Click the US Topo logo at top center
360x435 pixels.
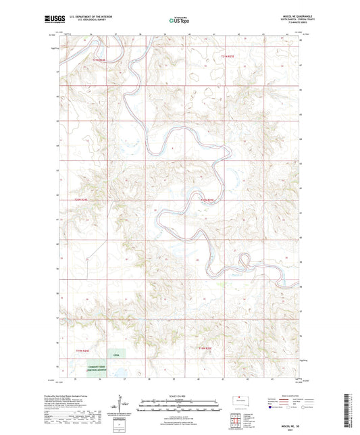[x=178, y=21]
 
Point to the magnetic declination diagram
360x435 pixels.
[x=125, y=404]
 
